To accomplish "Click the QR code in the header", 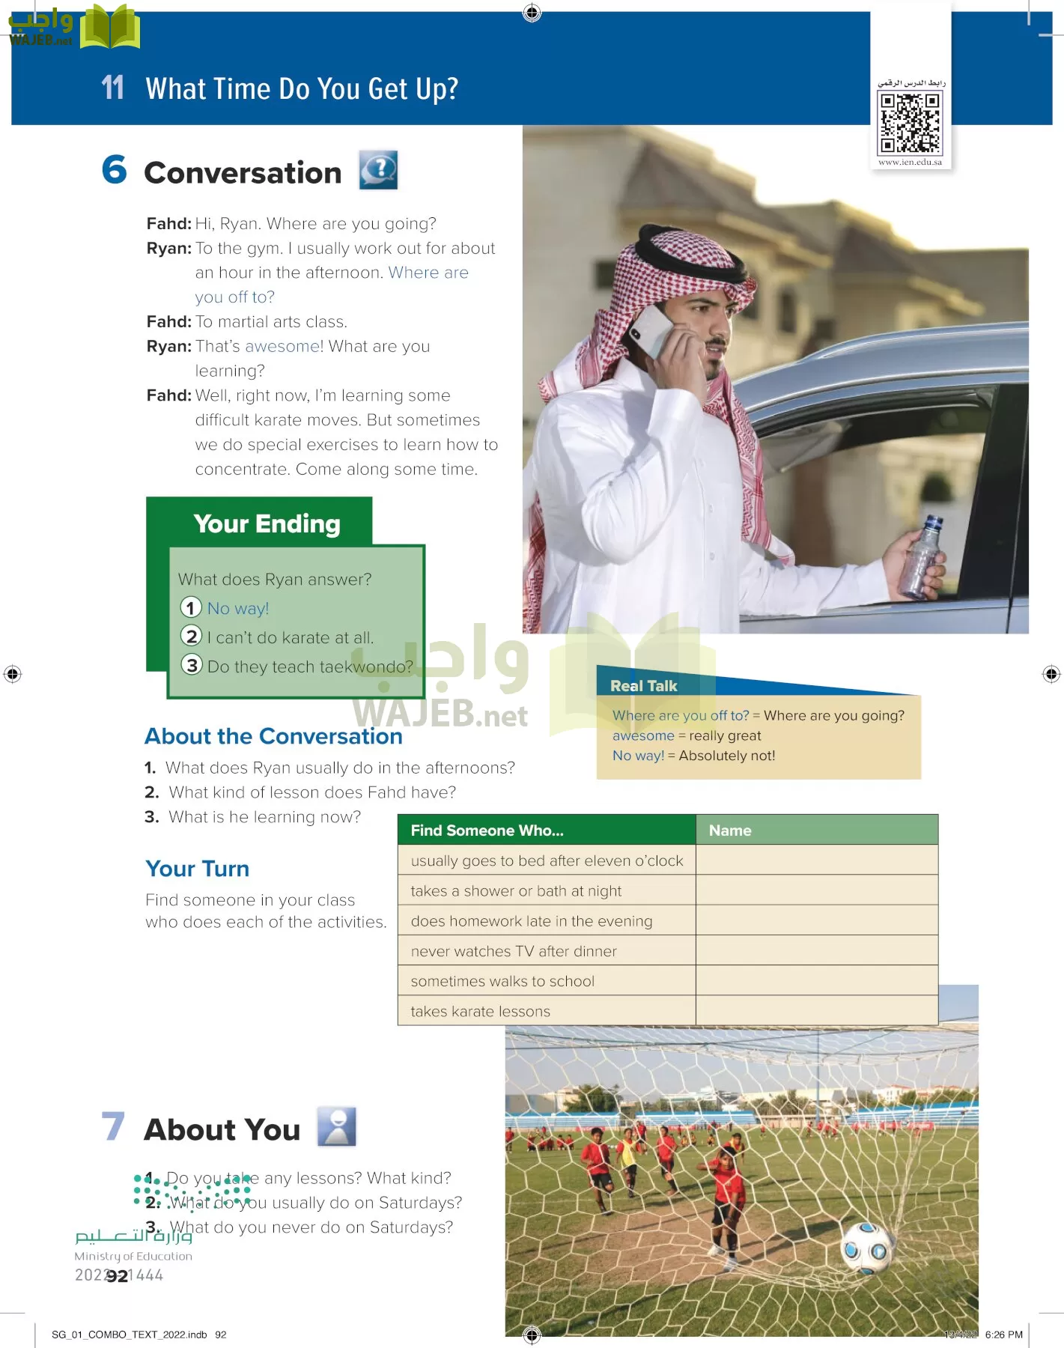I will (x=911, y=122).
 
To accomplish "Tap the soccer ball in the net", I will (x=867, y=1247).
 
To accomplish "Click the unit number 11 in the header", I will (x=112, y=88).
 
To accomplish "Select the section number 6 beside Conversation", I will (x=115, y=170).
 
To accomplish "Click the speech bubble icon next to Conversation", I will (x=378, y=170).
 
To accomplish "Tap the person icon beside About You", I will (x=337, y=1126).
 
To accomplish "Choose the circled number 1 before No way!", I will (x=191, y=607).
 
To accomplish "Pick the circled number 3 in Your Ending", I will (x=192, y=665).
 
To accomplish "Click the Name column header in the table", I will (x=730, y=831).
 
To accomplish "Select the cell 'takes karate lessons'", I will (x=480, y=1012).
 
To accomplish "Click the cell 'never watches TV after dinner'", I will (x=514, y=951).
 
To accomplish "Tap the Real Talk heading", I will (x=643, y=686).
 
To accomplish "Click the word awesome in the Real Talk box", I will (x=643, y=736).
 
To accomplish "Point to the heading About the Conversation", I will (x=273, y=737).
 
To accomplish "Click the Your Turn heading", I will (x=197, y=869).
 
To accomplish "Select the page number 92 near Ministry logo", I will (x=117, y=1276).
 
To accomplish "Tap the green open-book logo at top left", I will (x=110, y=27).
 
